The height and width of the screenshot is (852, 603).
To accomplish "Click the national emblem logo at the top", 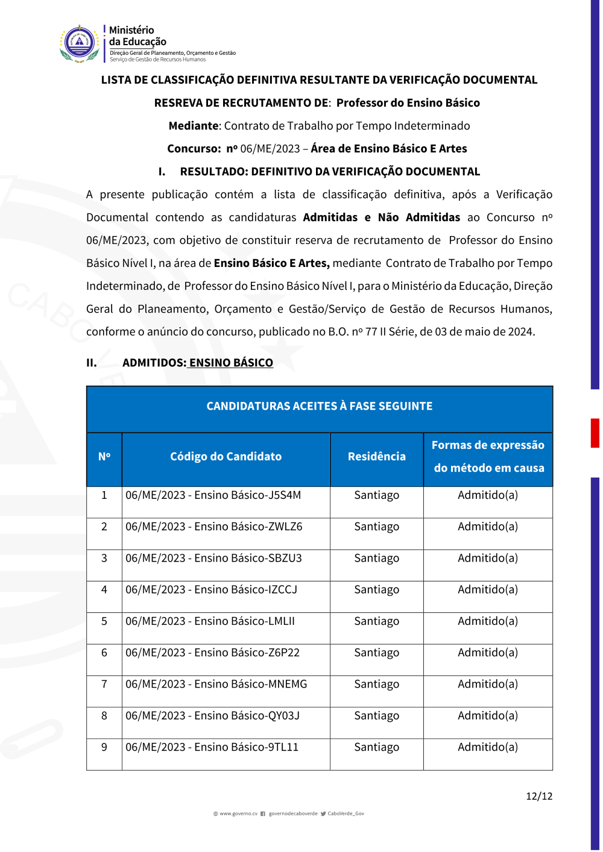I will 80,43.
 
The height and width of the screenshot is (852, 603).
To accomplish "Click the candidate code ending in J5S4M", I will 213,495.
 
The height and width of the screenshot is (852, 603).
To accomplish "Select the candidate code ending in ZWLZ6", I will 213,527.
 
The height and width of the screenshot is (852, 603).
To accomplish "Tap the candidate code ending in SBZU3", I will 213,558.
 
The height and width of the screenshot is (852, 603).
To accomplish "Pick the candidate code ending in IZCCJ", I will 211,589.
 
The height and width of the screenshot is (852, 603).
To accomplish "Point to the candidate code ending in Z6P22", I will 212,653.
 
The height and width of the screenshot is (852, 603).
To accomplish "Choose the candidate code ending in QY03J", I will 212,716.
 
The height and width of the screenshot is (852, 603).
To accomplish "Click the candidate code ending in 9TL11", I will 212,747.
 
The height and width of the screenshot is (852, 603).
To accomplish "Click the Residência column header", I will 376,457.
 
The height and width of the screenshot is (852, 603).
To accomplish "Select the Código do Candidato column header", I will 226,457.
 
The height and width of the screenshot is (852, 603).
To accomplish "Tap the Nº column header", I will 104,457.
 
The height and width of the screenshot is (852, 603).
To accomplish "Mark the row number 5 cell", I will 104,621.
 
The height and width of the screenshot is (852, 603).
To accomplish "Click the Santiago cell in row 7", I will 376,684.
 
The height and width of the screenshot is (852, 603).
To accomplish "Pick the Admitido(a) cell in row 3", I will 487,558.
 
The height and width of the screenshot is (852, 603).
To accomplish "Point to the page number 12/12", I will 538,796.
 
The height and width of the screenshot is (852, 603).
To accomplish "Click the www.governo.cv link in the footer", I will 238,813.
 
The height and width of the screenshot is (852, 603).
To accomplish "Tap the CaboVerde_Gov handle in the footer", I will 346,813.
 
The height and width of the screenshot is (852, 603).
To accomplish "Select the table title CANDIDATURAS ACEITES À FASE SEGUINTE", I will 319,406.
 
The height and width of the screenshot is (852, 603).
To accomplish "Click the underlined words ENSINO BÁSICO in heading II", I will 231,363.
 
